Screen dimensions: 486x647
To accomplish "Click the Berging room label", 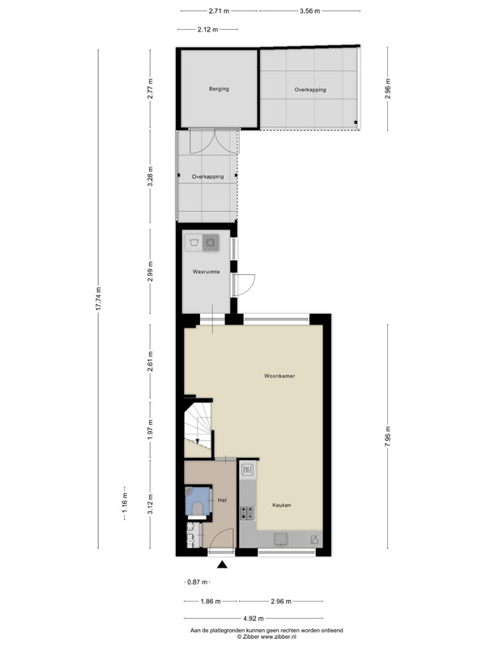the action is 219,89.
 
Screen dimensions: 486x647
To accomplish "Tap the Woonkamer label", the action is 279,376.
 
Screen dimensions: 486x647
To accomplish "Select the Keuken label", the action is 281,505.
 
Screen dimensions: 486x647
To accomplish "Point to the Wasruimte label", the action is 206,272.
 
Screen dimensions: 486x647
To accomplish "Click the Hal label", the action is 222,500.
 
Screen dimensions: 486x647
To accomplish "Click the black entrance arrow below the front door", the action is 222,565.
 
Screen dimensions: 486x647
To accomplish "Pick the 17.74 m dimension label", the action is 98,298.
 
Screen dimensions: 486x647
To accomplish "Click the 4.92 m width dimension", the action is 254,618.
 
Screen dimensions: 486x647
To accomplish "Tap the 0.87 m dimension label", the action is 198,581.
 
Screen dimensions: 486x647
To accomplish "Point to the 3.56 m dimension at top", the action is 310,11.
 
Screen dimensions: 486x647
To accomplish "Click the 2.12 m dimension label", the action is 207,29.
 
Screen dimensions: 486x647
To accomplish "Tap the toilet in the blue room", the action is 198,508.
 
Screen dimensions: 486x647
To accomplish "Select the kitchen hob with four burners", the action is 248,513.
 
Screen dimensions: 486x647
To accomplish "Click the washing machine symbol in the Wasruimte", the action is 211,242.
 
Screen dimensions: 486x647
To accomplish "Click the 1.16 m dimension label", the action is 125,503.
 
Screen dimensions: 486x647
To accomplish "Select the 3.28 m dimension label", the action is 150,176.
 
